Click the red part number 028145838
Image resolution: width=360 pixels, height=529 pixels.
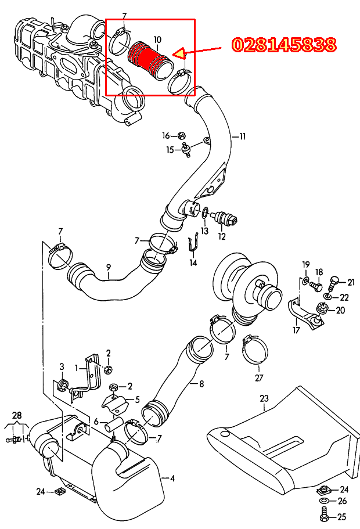[x=285, y=45]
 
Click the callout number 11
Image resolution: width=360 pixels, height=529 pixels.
[x=242, y=136]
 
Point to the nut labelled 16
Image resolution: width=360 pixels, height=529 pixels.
[x=182, y=135]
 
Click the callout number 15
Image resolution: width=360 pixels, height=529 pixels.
[x=170, y=149]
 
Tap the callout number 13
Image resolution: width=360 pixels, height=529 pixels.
[x=204, y=231]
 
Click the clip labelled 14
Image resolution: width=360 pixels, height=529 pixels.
[x=193, y=242]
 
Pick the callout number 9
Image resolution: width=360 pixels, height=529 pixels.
[x=109, y=267]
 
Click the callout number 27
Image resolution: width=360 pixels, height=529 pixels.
[x=259, y=378]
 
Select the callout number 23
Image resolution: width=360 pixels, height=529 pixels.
[x=264, y=398]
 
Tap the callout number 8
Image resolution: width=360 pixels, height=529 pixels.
[x=201, y=384]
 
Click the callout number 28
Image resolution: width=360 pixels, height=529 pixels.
[x=17, y=415]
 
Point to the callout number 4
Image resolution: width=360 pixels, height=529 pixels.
[x=172, y=478]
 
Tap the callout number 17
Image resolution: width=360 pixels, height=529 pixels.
[x=296, y=330]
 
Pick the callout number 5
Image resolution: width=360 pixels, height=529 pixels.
[x=137, y=400]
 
